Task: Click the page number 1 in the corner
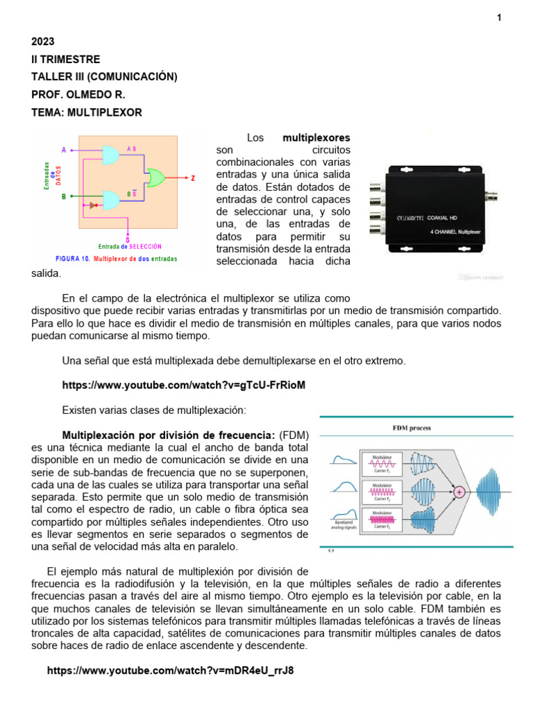(x=498, y=18)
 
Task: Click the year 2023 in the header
(x=43, y=42)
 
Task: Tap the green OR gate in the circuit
(x=155, y=177)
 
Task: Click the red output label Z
(x=192, y=178)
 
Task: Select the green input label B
(x=65, y=197)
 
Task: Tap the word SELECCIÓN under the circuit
(x=145, y=246)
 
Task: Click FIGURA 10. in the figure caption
(x=72, y=259)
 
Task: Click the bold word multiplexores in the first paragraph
(x=316, y=138)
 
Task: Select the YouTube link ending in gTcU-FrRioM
(x=183, y=385)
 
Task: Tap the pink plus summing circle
(x=459, y=492)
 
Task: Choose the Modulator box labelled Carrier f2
(x=382, y=492)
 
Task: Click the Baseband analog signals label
(x=344, y=525)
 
